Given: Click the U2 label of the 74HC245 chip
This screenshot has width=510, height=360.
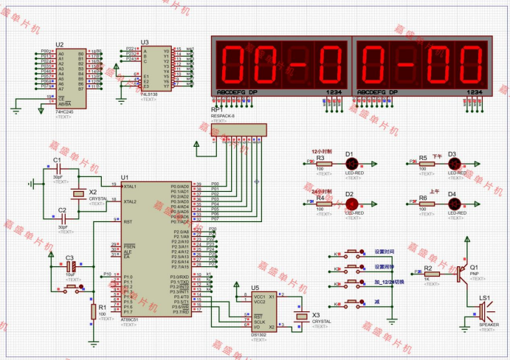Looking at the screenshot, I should (60, 44).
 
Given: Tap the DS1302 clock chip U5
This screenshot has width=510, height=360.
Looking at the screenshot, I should (259, 310).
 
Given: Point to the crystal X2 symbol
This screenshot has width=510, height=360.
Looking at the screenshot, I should (78, 195).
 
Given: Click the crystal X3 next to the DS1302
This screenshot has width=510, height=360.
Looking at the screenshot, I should (300, 317).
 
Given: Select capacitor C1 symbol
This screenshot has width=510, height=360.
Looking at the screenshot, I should (60, 170).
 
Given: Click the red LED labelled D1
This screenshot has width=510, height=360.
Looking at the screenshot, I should (351, 164).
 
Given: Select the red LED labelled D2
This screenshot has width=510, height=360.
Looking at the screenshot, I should (351, 204).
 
